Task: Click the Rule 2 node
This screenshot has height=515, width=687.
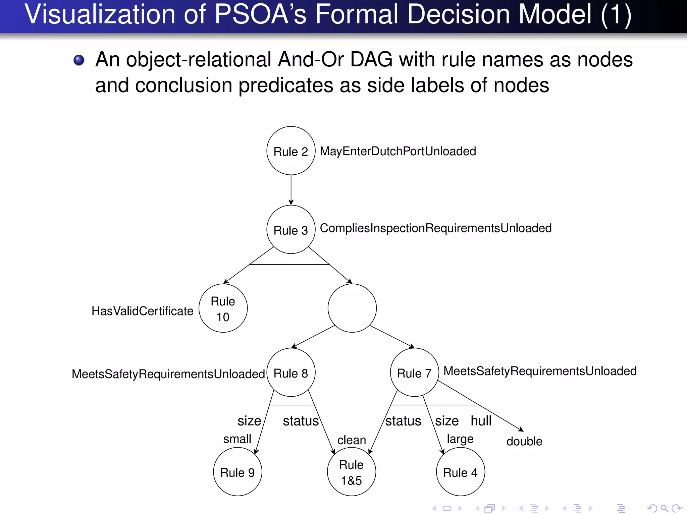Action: tap(291, 151)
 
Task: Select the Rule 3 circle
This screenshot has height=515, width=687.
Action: tap(291, 230)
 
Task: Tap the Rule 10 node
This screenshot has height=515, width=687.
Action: tap(223, 308)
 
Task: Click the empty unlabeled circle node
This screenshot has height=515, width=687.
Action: tap(352, 308)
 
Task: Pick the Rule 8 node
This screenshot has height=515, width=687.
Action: tap(291, 373)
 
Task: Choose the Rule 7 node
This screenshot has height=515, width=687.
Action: tap(414, 373)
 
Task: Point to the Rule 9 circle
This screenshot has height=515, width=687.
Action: tap(237, 472)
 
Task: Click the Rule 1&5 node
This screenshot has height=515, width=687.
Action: tap(352, 472)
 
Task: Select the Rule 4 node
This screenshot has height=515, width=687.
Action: tap(460, 472)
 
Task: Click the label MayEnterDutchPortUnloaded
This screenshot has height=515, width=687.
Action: tap(398, 151)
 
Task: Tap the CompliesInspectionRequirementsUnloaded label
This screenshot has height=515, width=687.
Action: tap(435, 228)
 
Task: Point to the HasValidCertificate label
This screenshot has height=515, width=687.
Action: tap(143, 311)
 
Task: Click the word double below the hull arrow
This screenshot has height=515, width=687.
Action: tap(524, 441)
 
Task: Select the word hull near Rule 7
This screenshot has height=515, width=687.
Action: tap(481, 421)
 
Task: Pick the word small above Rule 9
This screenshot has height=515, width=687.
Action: tap(237, 439)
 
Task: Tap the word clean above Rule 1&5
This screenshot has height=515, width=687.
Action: tap(352, 440)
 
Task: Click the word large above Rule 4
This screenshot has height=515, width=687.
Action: tap(460, 439)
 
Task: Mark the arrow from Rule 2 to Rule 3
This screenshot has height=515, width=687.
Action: tap(291, 189)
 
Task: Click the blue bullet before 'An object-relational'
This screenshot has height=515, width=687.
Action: tap(79, 60)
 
